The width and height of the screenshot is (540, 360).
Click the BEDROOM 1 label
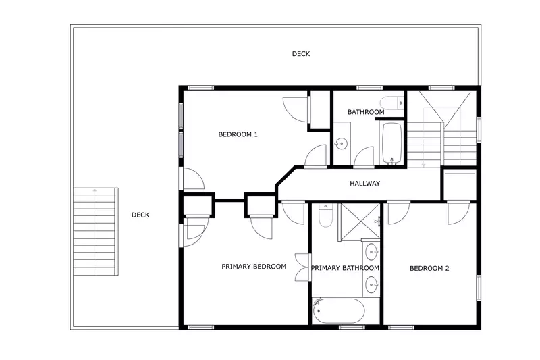point(238,134)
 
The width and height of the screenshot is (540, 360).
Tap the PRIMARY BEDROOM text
point(254,267)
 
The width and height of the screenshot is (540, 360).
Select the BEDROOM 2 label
point(429,269)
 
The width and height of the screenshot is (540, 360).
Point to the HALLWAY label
point(365,184)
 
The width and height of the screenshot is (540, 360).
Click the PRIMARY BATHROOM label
point(345,269)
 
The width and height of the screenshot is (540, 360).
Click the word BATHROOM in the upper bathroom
point(366,112)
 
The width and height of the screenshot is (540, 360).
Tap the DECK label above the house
point(301,54)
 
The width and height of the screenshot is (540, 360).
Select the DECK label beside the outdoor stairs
point(140,215)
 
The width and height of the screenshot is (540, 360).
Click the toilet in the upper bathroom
point(400,103)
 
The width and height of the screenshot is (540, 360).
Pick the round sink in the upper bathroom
point(342,143)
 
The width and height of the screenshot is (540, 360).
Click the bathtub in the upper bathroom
point(391,143)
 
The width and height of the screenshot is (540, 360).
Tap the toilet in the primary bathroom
point(325,216)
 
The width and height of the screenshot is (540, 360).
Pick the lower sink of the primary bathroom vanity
point(373,284)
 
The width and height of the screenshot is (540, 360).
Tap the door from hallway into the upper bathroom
point(363,157)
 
